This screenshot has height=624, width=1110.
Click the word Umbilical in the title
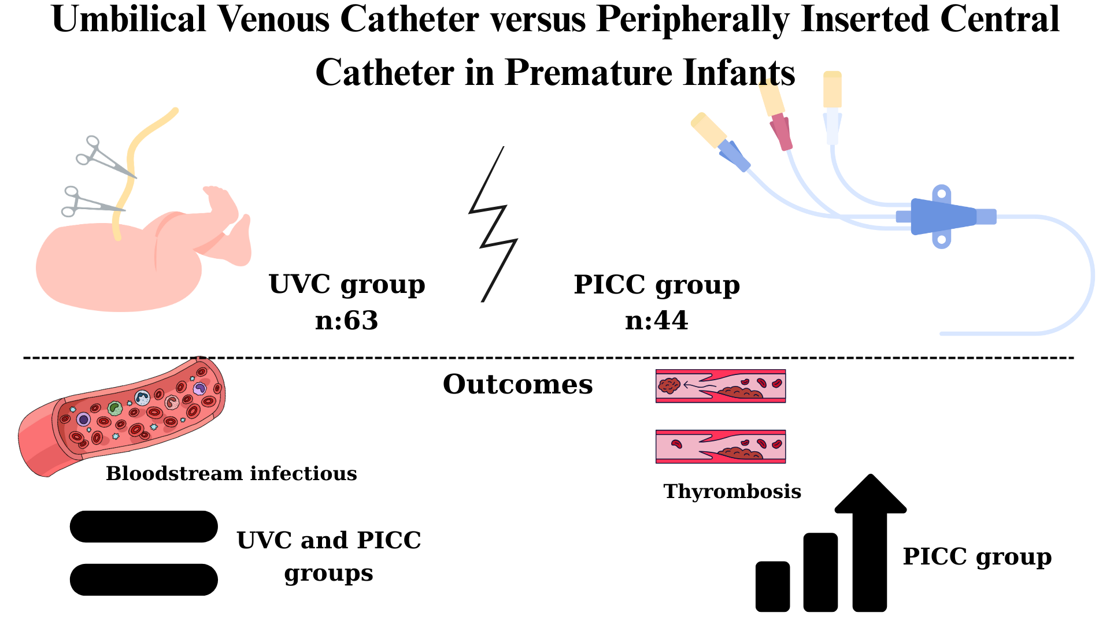coord(128,20)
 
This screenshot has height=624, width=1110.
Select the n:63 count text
coord(346,321)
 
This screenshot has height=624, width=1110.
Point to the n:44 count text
coord(657,321)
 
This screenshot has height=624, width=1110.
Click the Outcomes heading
coord(517,384)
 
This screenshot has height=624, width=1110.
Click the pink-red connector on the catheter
coord(781,132)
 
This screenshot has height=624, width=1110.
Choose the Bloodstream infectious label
coord(231,474)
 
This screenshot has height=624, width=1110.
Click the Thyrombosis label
coord(732,492)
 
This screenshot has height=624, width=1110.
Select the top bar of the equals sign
coord(143,526)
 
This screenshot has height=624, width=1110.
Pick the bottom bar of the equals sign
coord(143,580)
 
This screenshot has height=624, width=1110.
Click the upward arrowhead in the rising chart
coord(870,497)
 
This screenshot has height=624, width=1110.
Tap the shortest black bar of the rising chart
coord(772,586)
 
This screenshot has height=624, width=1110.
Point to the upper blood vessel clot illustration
coord(720,386)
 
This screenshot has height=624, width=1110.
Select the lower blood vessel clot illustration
coord(720,447)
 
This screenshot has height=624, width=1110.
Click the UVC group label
coord(347,284)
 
